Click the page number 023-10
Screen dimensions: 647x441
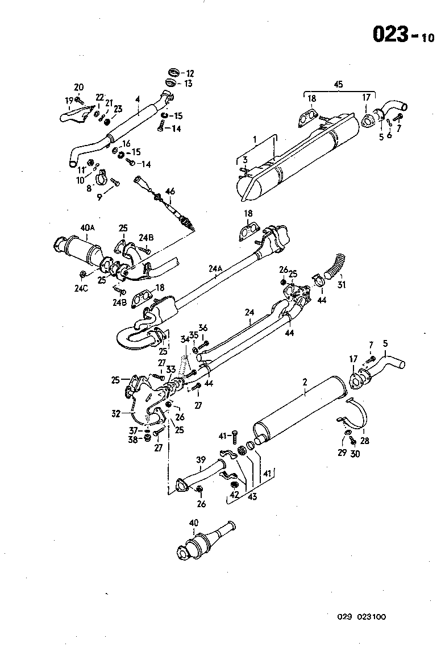pyautogui.click(x=403, y=35)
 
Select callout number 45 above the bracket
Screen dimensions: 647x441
pyautogui.click(x=338, y=84)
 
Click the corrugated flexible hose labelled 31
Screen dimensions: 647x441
pyautogui.click(x=335, y=266)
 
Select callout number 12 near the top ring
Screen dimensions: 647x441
pyautogui.click(x=189, y=73)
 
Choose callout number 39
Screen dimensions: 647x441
pyautogui.click(x=200, y=459)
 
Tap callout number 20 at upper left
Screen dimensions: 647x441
pyautogui.click(x=78, y=87)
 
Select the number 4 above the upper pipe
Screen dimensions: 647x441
pyautogui.click(x=137, y=99)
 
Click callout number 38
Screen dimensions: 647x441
pyautogui.click(x=132, y=439)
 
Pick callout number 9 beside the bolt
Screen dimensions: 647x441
pyautogui.click(x=99, y=197)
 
